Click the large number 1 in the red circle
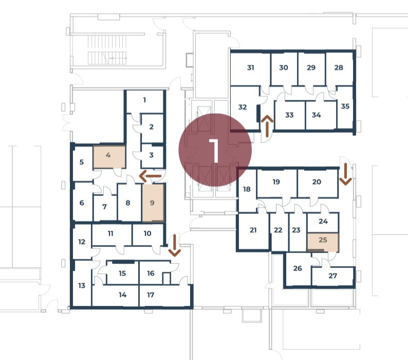click(215, 150)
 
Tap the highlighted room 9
click(153, 203)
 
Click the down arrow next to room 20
click(345, 174)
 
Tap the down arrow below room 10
click(175, 245)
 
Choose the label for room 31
click(251, 68)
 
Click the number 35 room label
click(345, 106)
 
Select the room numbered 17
click(151, 295)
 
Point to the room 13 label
click(82, 286)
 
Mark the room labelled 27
click(333, 276)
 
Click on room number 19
click(276, 182)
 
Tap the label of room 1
click(145, 100)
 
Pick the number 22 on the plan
click(278, 230)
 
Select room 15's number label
click(122, 274)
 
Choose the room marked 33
click(289, 115)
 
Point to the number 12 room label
click(82, 242)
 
